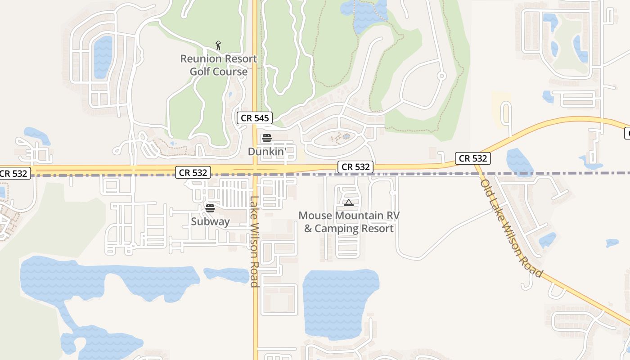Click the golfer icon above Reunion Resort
point(218,45)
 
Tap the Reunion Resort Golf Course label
point(219,65)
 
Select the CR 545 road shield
point(255,118)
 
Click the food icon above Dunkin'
point(267,138)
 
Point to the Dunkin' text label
point(267,152)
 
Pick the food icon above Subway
point(210,208)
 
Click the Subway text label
point(210,221)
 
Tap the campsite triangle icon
point(349,203)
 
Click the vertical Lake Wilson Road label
point(254,241)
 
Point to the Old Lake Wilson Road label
point(511,229)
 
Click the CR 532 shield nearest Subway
point(193,172)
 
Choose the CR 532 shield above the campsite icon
point(355,167)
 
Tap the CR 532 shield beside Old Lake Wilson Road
point(472,158)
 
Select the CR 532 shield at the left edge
point(14,173)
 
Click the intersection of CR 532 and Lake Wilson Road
point(255,169)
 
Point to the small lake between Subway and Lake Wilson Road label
point(225,274)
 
